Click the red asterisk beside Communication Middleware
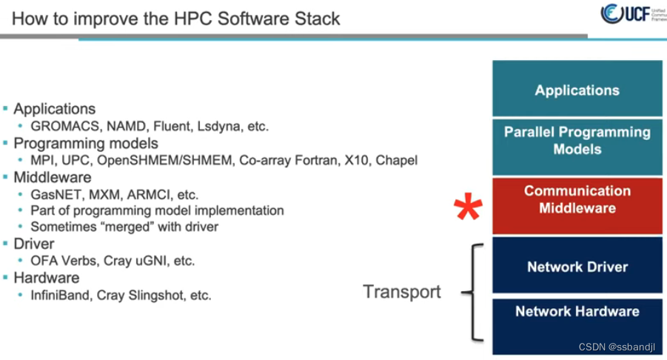coord(468,208)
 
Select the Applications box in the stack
coord(577,90)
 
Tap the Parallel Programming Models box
coord(577,140)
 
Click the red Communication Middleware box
coord(577,199)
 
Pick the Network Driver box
coord(577,267)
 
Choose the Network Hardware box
coord(577,311)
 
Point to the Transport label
coord(401,292)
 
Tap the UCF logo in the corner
coord(629,14)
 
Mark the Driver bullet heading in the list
coord(34,244)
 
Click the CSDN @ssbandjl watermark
coord(619,347)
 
